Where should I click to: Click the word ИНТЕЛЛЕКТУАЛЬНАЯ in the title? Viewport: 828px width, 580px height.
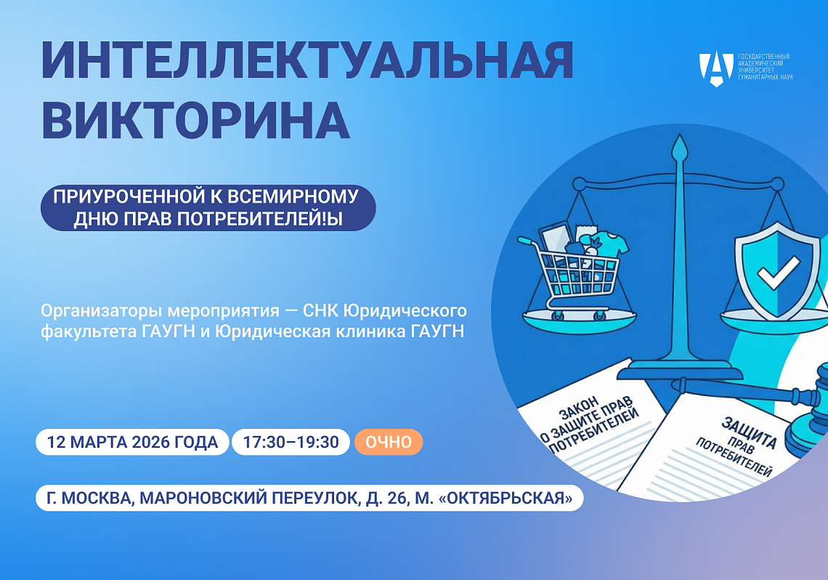coord(308,63)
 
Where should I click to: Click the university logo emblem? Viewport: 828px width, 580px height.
coord(715,68)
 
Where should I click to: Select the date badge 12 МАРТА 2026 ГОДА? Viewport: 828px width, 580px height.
coord(132,442)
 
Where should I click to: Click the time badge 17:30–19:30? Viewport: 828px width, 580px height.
coord(291,442)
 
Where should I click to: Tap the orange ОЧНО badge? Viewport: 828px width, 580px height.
coord(388,442)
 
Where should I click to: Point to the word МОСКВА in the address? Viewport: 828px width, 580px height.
coord(99,499)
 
